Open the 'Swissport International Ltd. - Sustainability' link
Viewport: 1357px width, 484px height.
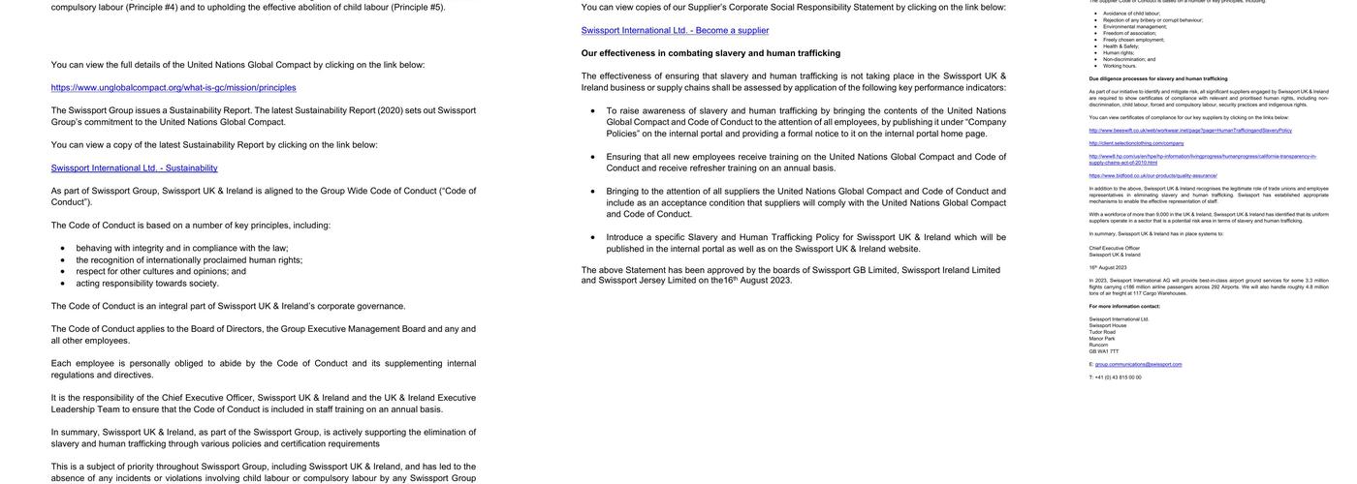click(x=134, y=167)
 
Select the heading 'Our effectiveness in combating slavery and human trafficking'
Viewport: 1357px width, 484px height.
click(x=710, y=53)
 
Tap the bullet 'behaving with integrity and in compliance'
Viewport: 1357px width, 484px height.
click(x=182, y=248)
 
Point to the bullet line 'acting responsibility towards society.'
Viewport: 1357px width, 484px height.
click(x=147, y=283)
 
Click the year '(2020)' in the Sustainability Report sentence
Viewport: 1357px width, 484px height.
click(x=390, y=110)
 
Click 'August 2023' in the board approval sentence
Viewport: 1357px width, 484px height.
click(x=767, y=281)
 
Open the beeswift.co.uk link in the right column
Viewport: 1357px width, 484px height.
click(x=1189, y=130)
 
